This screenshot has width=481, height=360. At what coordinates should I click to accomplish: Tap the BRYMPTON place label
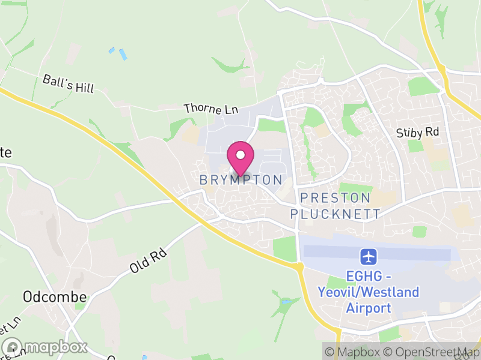240,180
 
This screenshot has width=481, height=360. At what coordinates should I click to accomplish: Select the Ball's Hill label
69,84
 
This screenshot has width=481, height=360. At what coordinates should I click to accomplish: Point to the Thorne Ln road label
211,109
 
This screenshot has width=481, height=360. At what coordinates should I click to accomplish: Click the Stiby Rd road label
418,133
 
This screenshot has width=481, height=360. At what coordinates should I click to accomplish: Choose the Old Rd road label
148,262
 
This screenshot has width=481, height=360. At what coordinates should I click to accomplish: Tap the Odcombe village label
55,296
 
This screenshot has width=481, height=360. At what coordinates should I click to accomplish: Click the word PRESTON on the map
335,198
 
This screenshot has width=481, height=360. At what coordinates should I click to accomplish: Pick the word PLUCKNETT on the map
335,214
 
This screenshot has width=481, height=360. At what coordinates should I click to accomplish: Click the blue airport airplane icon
369,257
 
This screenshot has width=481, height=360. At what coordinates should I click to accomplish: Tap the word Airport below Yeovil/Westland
369,308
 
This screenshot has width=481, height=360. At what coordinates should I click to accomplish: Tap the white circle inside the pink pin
240,155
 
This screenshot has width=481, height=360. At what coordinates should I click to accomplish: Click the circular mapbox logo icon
12,347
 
